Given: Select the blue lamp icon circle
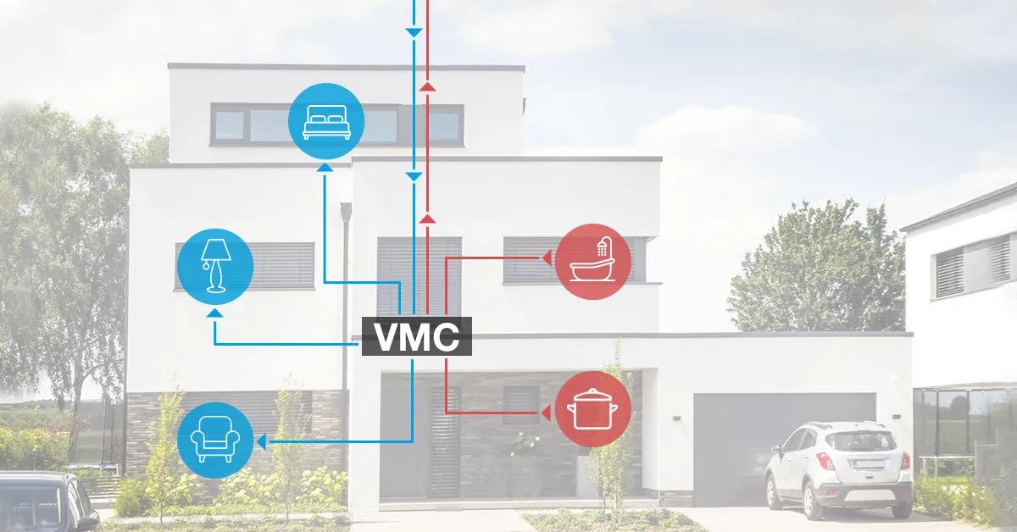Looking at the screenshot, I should point(214,266).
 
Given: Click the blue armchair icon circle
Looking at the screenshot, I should point(215,441).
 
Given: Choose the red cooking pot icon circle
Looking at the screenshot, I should point(593,411).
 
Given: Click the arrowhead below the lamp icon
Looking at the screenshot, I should point(215,313).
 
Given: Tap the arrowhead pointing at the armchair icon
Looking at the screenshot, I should point(262,441).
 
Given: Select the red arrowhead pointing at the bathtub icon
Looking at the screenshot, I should point(547,256).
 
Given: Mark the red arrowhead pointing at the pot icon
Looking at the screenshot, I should point(547,413).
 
